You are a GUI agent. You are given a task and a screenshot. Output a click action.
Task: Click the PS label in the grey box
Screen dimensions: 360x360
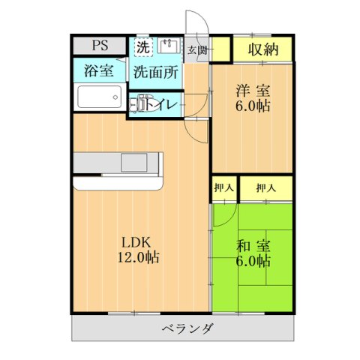pos(100,45)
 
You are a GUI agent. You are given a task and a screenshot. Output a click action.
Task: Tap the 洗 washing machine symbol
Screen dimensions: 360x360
pos(142,46)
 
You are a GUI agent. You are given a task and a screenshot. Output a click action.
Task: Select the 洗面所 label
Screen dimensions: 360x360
pos(156,73)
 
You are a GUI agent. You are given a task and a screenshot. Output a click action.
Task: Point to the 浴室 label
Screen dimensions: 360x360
pos(97,72)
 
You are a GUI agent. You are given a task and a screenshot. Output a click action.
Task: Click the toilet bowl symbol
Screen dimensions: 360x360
pos(139,103)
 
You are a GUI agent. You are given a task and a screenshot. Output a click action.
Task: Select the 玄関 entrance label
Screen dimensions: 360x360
pos(196,51)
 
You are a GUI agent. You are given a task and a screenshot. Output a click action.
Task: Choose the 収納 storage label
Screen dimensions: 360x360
pos(260,51)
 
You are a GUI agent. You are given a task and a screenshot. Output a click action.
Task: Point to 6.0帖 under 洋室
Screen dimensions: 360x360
pos(252,107)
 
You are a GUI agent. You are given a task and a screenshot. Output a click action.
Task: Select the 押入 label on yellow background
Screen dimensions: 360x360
pos(265,187)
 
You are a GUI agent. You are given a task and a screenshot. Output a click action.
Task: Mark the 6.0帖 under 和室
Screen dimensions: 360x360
pos(252,261)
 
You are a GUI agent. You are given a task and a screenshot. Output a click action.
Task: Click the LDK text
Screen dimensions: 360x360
pos(137,241)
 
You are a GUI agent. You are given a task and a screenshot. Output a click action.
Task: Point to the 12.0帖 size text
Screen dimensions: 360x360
pos(137,258)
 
